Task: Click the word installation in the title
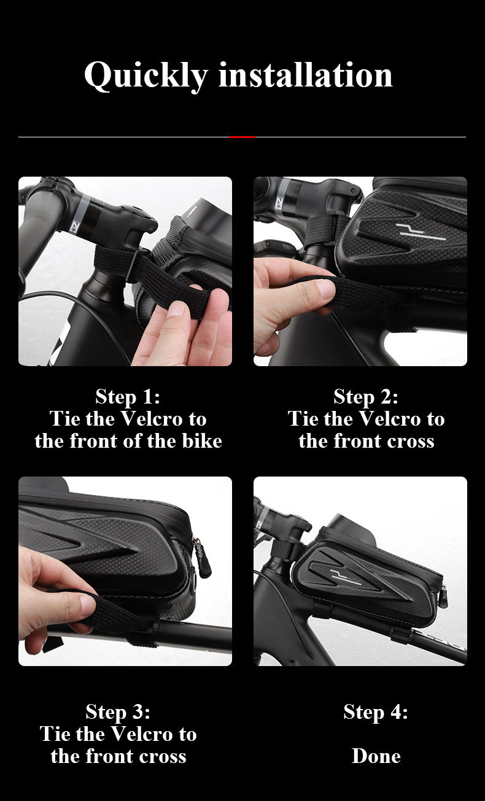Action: (305, 75)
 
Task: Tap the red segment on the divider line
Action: (242, 137)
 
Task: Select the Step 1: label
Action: (128, 397)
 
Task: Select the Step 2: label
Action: (366, 397)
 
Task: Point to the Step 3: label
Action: (118, 711)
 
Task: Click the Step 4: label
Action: (376, 711)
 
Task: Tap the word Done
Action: (376, 756)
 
